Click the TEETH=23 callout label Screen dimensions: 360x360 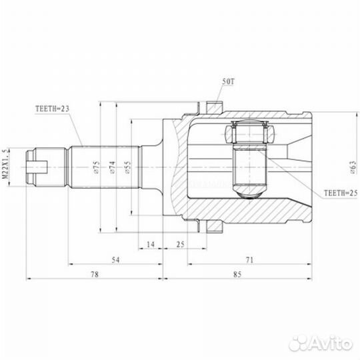(52, 109)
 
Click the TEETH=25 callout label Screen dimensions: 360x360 (341, 193)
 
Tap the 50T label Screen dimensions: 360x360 (228, 81)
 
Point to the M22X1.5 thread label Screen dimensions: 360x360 (5, 164)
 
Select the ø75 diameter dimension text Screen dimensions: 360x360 (97, 167)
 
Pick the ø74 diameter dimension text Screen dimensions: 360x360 (112, 167)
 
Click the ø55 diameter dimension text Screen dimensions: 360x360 (128, 167)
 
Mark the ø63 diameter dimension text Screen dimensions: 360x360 (354, 167)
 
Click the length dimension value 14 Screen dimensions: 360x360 (151, 244)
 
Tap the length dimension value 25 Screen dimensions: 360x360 (181, 244)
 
